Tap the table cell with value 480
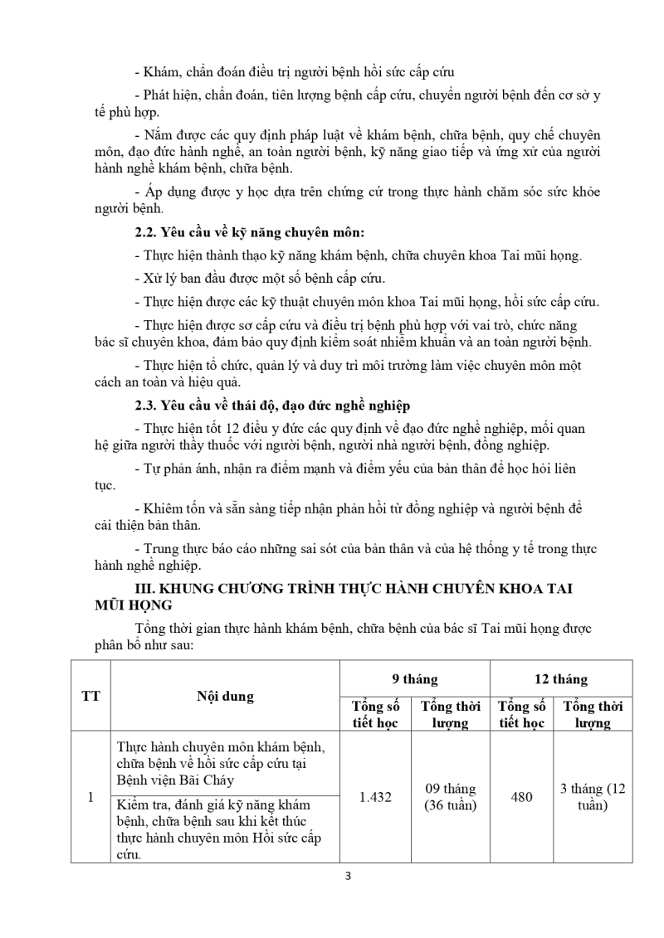pyautogui.click(x=522, y=797)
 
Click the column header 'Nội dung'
pyautogui.click(x=226, y=696)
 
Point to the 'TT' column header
pyautogui.click(x=90, y=696)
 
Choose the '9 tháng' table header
pyautogui.click(x=415, y=679)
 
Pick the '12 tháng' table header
pyautogui.click(x=560, y=679)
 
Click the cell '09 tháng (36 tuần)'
pyautogui.click(x=450, y=797)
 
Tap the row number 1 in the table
pyautogui.click(x=90, y=797)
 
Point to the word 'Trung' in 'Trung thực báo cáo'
pyautogui.click(x=163, y=549)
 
